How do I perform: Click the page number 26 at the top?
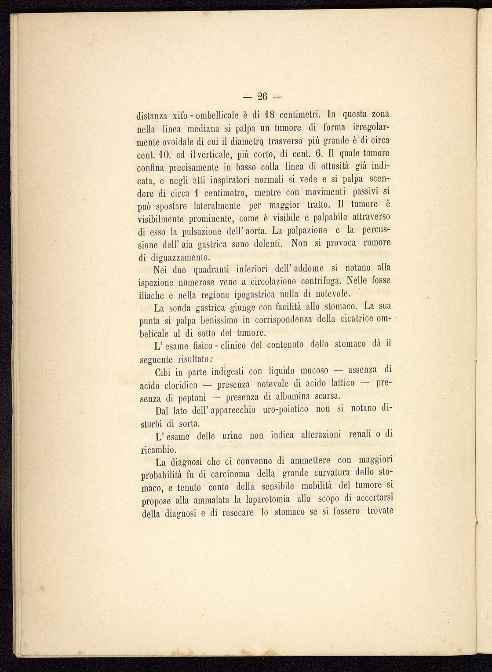click(x=263, y=97)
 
